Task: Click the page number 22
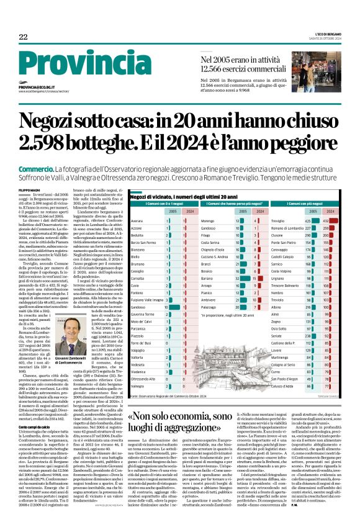click(x=23, y=37)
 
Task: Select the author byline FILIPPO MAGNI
click(x=30, y=170)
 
